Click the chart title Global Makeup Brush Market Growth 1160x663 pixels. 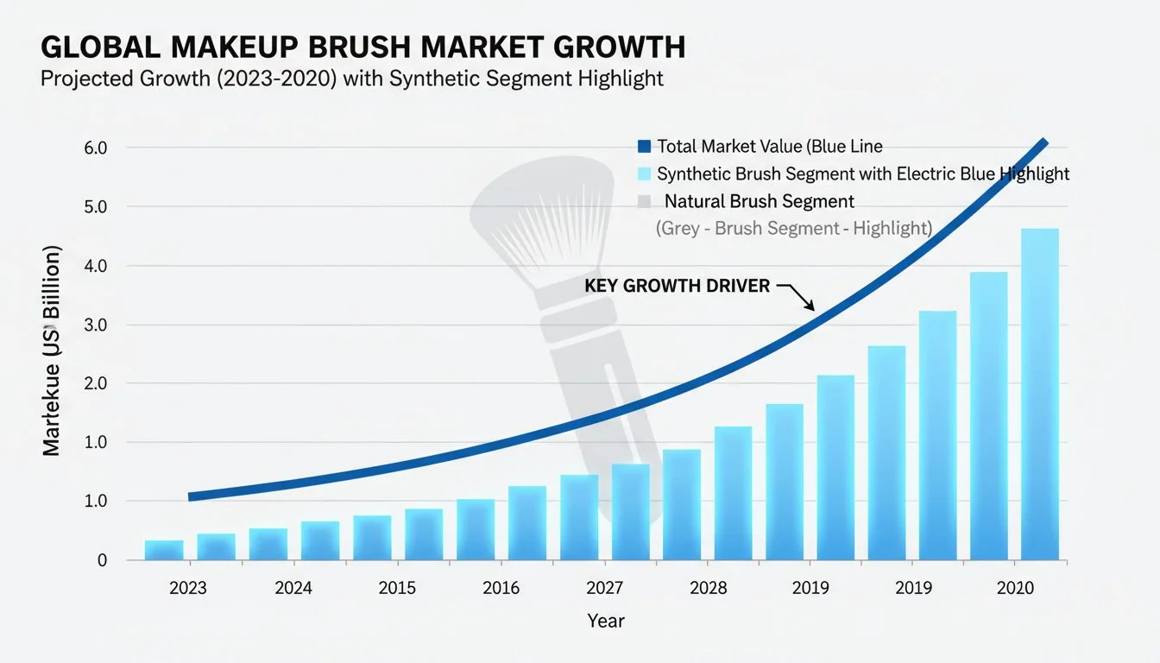[x=362, y=47]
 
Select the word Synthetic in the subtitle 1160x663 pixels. [x=432, y=79]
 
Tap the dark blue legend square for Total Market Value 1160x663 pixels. [x=644, y=147]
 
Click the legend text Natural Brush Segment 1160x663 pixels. [x=759, y=202]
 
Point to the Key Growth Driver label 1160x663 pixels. [x=678, y=286]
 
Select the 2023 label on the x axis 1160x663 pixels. [x=188, y=589]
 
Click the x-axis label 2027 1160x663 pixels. [x=604, y=589]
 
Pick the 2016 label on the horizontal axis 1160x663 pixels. [x=501, y=589]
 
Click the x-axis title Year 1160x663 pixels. [x=606, y=621]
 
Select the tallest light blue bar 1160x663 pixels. [x=1039, y=397]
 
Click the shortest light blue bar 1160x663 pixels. [x=164, y=550]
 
